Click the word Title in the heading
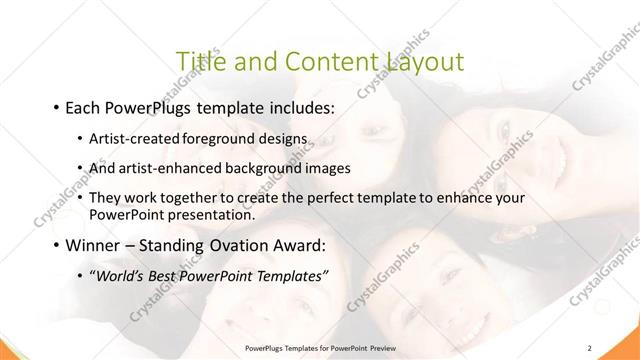[x=200, y=62]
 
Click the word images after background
[x=329, y=168]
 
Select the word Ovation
[x=235, y=246]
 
